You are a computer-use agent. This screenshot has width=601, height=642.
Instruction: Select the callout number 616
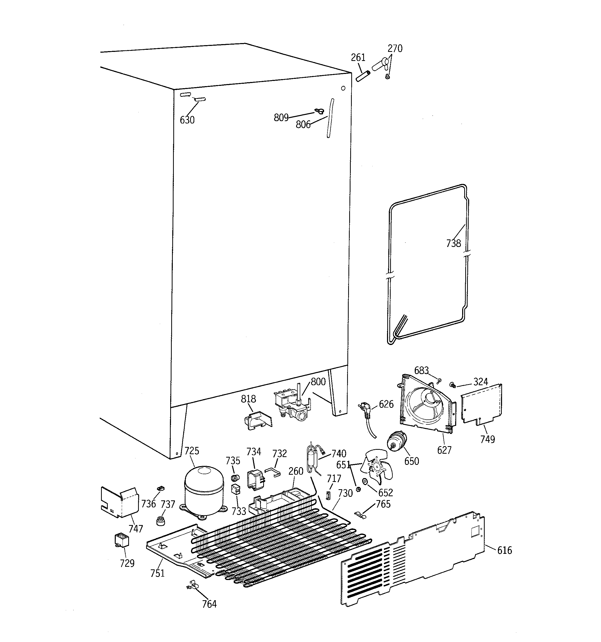(505, 550)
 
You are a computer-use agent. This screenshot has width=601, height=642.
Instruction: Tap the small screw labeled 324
(453, 385)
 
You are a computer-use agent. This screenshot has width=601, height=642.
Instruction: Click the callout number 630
(187, 120)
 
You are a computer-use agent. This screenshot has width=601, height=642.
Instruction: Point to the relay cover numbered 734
(255, 479)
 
